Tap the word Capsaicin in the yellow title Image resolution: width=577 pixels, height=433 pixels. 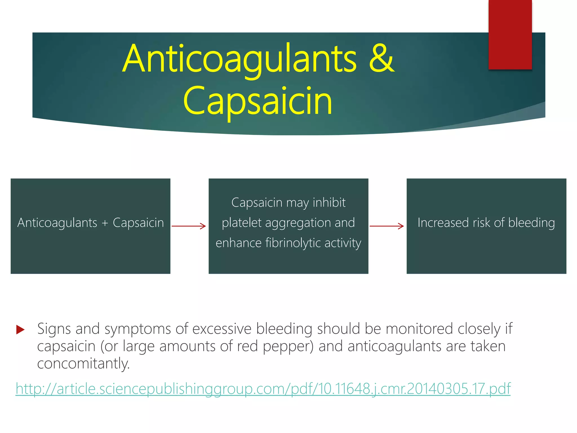(x=258, y=101)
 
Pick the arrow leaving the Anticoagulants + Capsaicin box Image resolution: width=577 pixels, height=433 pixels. (x=189, y=226)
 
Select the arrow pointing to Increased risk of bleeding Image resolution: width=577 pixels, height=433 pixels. (x=387, y=226)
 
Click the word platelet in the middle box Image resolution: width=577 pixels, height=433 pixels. (x=241, y=223)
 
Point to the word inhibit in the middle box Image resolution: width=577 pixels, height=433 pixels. (x=329, y=203)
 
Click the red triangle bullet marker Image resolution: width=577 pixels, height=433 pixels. (x=20, y=329)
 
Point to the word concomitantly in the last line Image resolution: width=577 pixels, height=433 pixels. (x=83, y=363)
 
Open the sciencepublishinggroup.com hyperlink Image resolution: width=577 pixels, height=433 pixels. (x=263, y=389)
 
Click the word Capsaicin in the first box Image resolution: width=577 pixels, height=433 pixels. (x=138, y=223)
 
